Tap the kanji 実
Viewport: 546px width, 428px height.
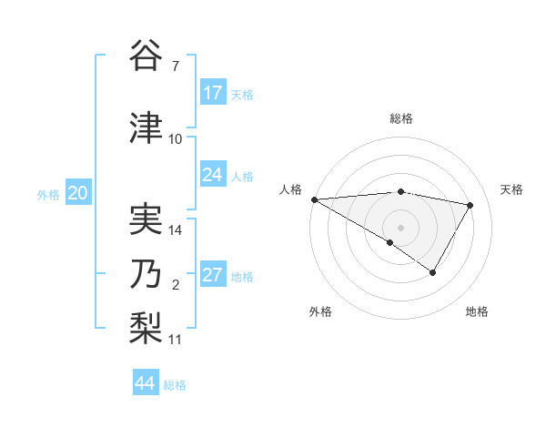(x=147, y=219)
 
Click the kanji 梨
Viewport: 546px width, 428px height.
(x=147, y=325)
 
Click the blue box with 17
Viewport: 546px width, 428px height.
(x=213, y=93)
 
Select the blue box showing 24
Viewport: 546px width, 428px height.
(x=213, y=175)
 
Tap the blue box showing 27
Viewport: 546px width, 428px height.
(x=213, y=276)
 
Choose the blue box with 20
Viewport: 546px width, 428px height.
(x=77, y=193)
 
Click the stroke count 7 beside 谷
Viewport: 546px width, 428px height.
(x=176, y=66)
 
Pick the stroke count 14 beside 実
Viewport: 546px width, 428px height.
(x=176, y=230)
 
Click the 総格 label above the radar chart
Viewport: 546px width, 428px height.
(x=400, y=118)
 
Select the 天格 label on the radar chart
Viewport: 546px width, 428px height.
(x=511, y=189)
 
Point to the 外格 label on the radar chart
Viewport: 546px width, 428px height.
(x=320, y=311)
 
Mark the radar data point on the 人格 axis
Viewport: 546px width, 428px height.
(x=314, y=199)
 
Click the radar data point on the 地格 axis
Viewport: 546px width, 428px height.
(x=433, y=272)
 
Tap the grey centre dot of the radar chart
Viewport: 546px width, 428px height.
(x=400, y=226)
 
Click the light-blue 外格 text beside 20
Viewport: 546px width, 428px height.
(x=47, y=194)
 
